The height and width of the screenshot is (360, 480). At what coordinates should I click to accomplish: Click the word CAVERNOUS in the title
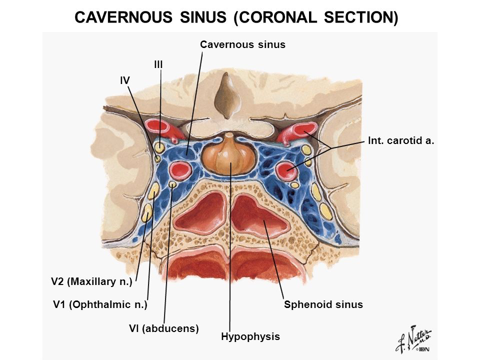122,17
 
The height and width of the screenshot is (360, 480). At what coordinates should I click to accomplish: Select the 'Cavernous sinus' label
242,44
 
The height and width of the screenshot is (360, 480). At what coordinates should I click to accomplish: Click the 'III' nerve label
158,64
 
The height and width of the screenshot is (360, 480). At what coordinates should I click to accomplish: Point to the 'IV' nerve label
125,79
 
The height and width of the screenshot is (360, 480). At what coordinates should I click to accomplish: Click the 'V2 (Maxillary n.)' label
91,282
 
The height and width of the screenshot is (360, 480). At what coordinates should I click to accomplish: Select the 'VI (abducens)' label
164,328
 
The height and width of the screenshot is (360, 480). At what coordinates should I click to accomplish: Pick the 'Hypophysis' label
250,336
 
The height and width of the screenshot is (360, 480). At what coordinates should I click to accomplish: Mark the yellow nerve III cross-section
159,147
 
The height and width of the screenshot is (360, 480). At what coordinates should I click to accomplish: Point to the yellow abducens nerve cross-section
172,184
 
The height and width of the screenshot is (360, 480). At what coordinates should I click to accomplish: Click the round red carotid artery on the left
178,171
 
